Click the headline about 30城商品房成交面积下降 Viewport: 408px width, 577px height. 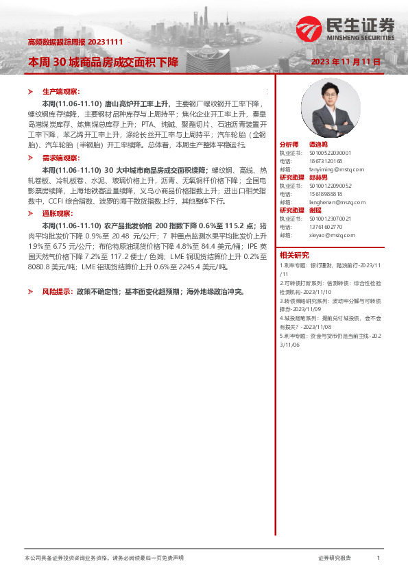pyautogui.click(x=102, y=62)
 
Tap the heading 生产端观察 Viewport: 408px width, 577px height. pyautogui.click(x=61, y=91)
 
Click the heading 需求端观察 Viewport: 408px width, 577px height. pyautogui.click(x=61, y=158)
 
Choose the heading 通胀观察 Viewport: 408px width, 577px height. pyautogui.click(x=57, y=213)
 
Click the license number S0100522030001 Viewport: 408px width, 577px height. pyautogui.click(x=331, y=153)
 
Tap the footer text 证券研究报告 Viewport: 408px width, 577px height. pyautogui.click(x=334, y=558)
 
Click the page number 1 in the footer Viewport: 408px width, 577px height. pyautogui.click(x=379, y=558)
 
